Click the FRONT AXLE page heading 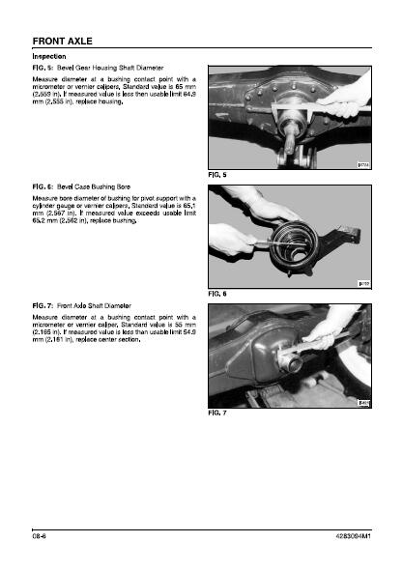click(x=62, y=42)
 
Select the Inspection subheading click(x=49, y=56)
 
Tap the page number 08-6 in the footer click(x=40, y=536)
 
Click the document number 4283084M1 click(x=353, y=536)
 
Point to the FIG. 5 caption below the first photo click(x=217, y=175)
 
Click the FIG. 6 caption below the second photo click(x=217, y=294)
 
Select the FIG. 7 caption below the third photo click(x=217, y=413)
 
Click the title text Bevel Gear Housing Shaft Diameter click(x=110, y=68)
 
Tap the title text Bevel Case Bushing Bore click(x=94, y=186)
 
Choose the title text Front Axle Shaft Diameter click(x=94, y=306)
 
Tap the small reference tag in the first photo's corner click(x=363, y=165)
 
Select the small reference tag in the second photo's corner click(x=363, y=284)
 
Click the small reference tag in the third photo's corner click(x=363, y=403)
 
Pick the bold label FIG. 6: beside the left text click(x=43, y=186)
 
